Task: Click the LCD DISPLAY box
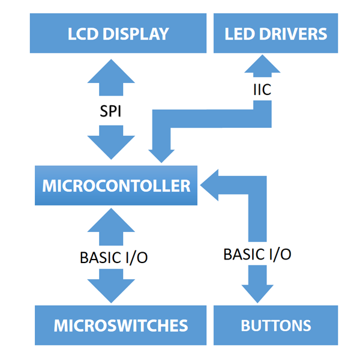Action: tap(118, 34)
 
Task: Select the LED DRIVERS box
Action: tap(276, 34)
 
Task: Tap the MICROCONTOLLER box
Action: tap(116, 186)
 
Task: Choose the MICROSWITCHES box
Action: tap(121, 326)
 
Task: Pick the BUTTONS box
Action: tap(276, 326)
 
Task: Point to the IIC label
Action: tap(262, 91)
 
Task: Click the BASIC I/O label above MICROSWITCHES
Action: tap(113, 257)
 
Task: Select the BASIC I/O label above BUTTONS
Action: tap(257, 253)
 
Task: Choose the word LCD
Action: tap(82, 34)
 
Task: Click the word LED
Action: tap(238, 34)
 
